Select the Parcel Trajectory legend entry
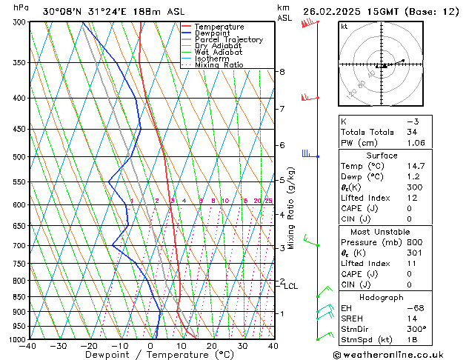click(228, 40)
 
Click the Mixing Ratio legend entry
click(219, 65)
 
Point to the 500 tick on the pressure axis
click(20, 157)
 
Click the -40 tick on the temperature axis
click(29, 345)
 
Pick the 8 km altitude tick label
click(282, 72)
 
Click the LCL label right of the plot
click(291, 286)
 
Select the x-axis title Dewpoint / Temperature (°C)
click(150, 355)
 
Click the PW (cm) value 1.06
click(416, 143)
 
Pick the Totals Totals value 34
click(412, 132)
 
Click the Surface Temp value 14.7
click(416, 166)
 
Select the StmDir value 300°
click(416, 329)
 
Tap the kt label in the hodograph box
click(344, 27)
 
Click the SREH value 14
click(412, 318)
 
